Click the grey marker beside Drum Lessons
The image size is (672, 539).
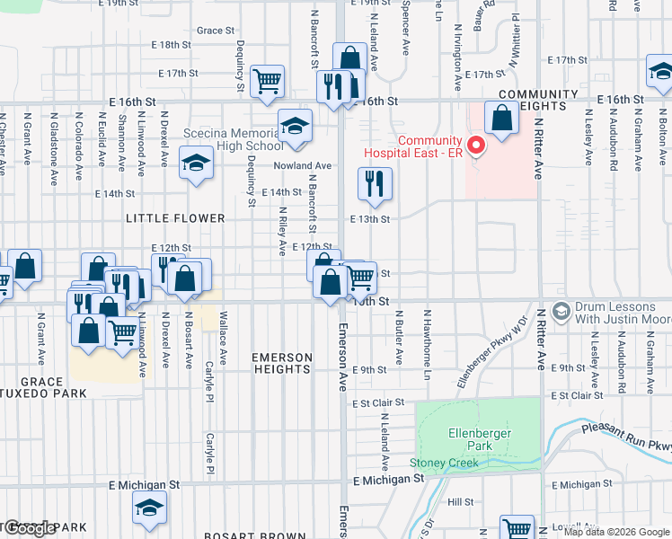pos(562,313)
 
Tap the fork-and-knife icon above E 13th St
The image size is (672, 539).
pos(375,183)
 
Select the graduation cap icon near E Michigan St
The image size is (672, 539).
pos(150,508)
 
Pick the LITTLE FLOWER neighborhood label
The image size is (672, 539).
pos(175,218)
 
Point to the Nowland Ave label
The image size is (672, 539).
pos(303,166)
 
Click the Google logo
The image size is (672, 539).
pos(29,528)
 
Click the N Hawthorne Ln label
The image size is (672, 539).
pos(429,337)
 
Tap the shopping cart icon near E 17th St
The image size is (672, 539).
pos(267,80)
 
